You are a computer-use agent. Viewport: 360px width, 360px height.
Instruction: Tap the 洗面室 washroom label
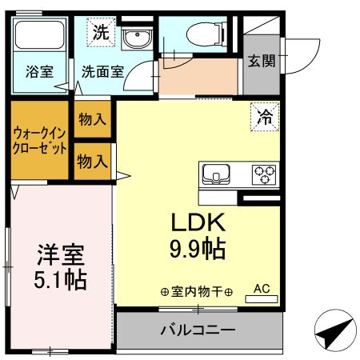coord(101,70)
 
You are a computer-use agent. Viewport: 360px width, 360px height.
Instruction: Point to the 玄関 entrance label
coord(260,59)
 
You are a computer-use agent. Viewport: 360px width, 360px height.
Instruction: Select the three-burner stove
coord(263,174)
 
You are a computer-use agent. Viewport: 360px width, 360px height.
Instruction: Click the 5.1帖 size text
coord(60,281)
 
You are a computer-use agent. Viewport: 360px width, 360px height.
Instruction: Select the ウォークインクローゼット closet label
coord(39,140)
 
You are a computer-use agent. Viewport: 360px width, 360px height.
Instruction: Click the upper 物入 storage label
coord(92,120)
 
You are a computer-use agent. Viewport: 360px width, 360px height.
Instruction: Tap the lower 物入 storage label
coord(92,161)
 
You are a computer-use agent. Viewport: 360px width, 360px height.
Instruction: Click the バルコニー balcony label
coord(198,330)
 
